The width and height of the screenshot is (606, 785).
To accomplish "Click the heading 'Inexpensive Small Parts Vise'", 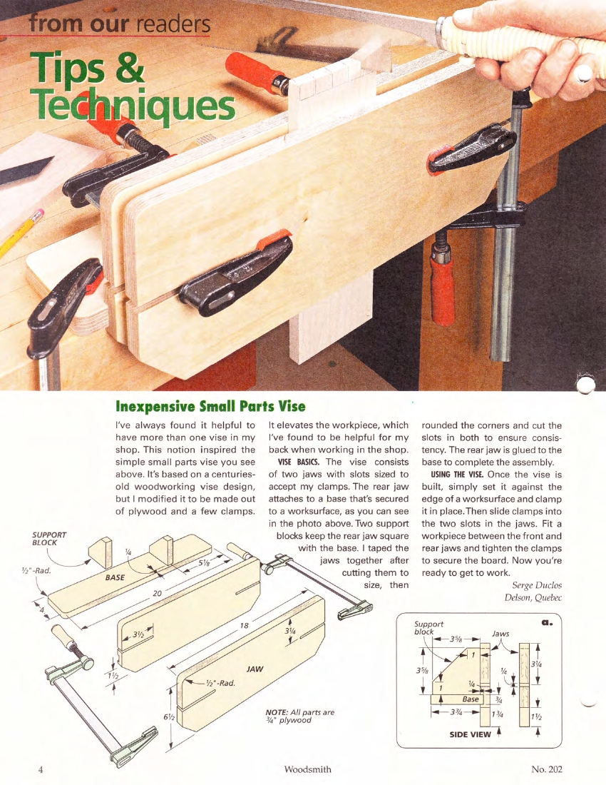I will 210,407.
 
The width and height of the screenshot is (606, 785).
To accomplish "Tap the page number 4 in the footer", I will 41,769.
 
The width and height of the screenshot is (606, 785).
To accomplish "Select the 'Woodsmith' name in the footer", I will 307,769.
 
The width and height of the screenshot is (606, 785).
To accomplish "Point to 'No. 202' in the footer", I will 546,769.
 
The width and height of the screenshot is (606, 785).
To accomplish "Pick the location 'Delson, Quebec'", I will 533,597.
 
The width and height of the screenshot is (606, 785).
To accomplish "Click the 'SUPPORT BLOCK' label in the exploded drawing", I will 49,539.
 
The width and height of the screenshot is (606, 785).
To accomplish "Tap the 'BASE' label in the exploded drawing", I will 115,577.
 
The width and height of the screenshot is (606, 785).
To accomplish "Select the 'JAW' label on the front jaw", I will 255,669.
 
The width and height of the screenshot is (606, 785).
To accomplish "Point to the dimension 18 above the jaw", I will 244,625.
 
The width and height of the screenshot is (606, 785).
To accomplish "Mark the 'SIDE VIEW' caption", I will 470,734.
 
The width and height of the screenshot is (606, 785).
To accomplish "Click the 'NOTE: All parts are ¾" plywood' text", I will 299,716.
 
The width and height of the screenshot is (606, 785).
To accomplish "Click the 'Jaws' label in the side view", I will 500,633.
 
